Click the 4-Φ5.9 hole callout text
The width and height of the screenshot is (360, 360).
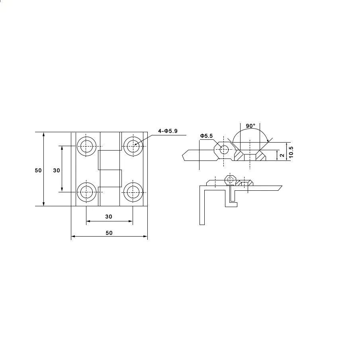pos(168,131)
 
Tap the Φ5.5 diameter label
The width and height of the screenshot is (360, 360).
pos(206,136)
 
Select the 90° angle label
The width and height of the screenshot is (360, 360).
pos(250,126)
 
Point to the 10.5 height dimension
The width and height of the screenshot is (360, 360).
pos(291,152)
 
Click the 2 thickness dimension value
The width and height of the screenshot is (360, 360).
pos(282,155)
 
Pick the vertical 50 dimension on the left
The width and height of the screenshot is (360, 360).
pos(38,170)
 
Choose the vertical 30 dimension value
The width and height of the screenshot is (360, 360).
pos(57,170)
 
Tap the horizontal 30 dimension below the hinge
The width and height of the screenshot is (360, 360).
pos(109,217)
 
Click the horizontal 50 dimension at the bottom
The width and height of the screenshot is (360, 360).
pos(109,233)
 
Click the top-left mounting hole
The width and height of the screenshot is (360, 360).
pos(86,146)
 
